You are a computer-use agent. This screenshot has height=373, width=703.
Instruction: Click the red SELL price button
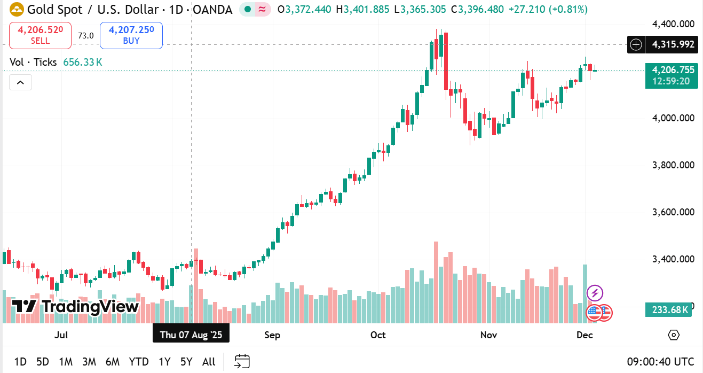coord(40,35)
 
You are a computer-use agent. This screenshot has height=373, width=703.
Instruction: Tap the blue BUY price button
coord(131,35)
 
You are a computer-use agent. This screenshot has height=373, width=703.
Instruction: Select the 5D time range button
coord(43,362)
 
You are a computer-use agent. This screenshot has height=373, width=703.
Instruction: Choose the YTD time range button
coord(139,362)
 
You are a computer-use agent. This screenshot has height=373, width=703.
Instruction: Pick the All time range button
coord(209,362)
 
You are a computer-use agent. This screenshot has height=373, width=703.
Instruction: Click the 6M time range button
coord(113,362)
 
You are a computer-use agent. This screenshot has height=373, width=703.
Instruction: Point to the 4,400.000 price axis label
coord(673,24)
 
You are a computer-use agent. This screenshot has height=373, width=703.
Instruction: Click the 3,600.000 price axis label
coord(673,212)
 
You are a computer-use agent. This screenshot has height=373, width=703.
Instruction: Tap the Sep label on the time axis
coord(272,335)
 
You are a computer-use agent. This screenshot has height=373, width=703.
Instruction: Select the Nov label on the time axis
coord(489,335)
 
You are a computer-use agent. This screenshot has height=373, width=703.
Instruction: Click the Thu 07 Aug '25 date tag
coord(191,335)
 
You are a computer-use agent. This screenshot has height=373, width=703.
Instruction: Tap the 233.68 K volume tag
coord(668,309)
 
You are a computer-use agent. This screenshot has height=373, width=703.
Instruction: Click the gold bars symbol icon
coord(17,9)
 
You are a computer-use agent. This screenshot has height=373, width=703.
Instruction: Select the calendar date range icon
coord(242,361)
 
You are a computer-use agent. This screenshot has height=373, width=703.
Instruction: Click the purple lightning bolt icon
coord(595,293)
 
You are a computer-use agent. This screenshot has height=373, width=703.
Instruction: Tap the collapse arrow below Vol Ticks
coord(20,82)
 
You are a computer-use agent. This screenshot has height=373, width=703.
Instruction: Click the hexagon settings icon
coord(674,335)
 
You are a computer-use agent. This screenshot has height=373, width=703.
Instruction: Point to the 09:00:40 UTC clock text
coord(661,362)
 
